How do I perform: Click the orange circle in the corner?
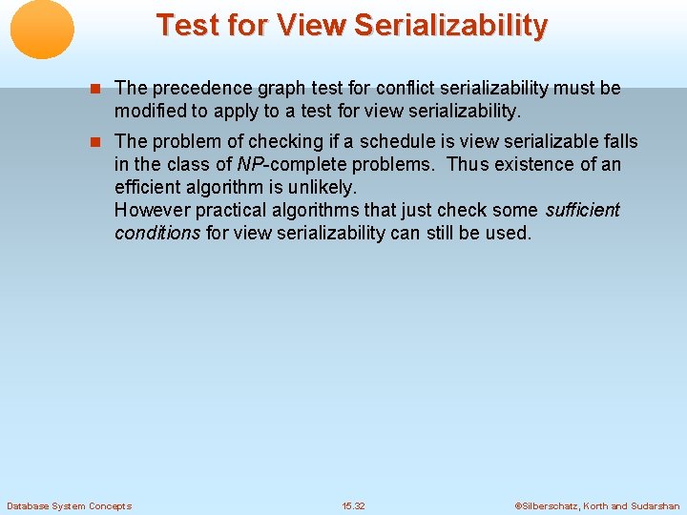tap(42, 30)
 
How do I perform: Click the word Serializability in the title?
tap(450, 25)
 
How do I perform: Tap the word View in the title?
tap(312, 25)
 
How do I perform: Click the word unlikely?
tap(325, 187)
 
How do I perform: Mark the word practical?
tap(230, 210)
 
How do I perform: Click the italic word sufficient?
tap(582, 210)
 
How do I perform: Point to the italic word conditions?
tap(157, 233)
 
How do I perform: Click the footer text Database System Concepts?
tap(69, 505)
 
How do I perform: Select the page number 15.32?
tap(353, 505)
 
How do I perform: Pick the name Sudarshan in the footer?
tap(656, 505)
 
